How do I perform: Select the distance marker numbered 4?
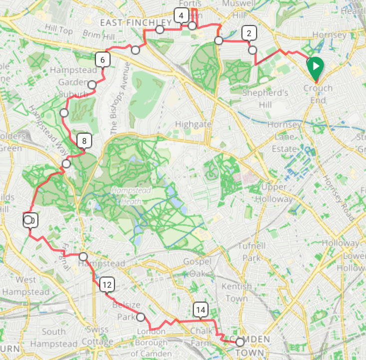coord(181,16)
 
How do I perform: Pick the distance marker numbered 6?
coord(102,60)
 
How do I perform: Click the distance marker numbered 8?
coord(84,141)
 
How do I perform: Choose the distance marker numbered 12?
coord(106,285)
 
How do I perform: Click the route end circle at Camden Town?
coord(240,342)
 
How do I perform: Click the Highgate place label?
coord(196,124)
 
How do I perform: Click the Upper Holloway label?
coord(274,193)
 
